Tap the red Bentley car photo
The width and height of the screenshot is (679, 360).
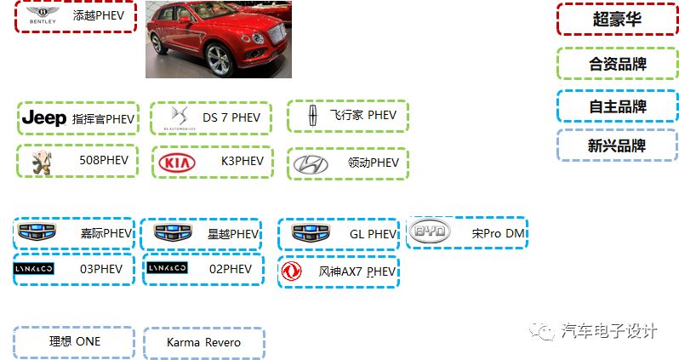pyautogui.click(x=218, y=39)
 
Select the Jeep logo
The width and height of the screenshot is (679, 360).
pyautogui.click(x=43, y=117)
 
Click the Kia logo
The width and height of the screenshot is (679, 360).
pyautogui.click(x=177, y=162)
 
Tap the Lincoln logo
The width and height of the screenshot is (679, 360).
pyautogui.click(x=312, y=116)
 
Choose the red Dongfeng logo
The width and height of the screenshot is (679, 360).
pyautogui.click(x=292, y=271)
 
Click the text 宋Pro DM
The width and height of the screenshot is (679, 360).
pyautogui.click(x=499, y=232)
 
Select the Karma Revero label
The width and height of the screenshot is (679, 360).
pyautogui.click(x=203, y=342)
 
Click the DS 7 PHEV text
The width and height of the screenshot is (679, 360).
pyautogui.click(x=231, y=117)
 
